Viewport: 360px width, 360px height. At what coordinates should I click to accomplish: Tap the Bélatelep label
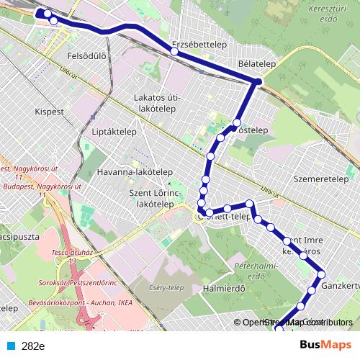tap(257, 64)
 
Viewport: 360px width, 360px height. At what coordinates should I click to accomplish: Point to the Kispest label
tap(49, 112)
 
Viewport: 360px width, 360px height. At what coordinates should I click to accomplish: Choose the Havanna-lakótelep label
tap(134, 173)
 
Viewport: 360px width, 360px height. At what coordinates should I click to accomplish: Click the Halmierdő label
tap(224, 289)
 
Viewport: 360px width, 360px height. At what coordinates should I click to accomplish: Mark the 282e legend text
tap(33, 346)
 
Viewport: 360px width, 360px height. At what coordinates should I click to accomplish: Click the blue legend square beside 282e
tap(12, 346)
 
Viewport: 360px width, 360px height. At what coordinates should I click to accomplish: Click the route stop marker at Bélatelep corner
tap(257, 82)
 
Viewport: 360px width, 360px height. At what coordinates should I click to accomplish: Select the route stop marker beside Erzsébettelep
tap(174, 51)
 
